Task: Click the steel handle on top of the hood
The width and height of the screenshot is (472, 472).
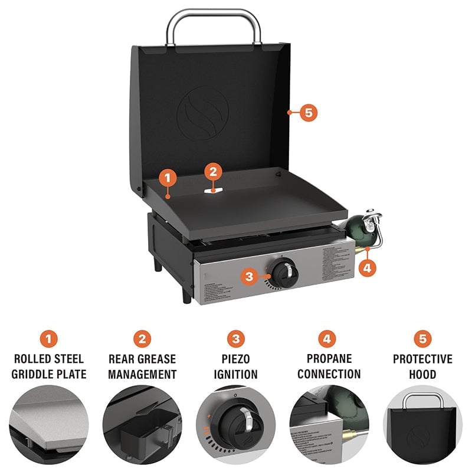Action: [x=214, y=13]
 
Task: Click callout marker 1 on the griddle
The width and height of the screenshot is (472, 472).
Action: [x=168, y=177]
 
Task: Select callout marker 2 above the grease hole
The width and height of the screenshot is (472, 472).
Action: [x=214, y=172]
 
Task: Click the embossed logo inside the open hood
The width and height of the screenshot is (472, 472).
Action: [x=202, y=112]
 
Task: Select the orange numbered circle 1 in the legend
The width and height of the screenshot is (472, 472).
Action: [x=50, y=339]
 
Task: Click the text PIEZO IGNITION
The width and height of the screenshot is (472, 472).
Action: [x=236, y=366]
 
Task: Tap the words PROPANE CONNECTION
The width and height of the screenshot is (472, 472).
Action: [x=329, y=366]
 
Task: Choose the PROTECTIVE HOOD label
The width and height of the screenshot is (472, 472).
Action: [x=422, y=366]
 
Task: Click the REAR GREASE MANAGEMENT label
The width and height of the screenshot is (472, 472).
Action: [x=142, y=366]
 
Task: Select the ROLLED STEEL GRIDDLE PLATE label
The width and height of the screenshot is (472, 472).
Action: [x=50, y=366]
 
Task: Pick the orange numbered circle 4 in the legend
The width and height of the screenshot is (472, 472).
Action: [x=329, y=339]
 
